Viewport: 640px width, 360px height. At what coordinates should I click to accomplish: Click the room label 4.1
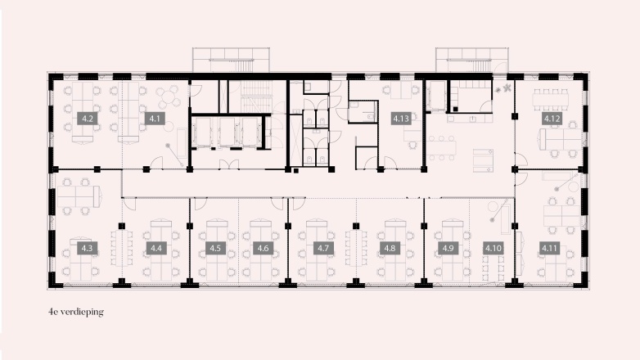click(155, 119)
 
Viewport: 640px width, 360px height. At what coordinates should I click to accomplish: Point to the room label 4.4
click(155, 247)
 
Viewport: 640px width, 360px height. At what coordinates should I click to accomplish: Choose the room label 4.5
click(215, 247)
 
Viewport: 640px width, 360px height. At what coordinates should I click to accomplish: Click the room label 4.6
click(263, 247)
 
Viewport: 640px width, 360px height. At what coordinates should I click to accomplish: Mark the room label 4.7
click(323, 247)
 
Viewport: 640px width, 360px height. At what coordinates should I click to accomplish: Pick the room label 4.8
click(390, 247)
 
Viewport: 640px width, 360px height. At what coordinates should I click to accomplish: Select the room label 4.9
click(448, 247)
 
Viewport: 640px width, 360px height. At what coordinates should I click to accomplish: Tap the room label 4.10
click(493, 247)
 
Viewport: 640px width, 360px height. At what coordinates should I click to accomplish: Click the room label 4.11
click(549, 247)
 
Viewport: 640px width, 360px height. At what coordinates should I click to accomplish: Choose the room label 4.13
click(401, 119)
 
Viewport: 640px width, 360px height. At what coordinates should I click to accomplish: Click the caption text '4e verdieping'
click(76, 312)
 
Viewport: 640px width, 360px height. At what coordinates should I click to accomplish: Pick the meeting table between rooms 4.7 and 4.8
click(357, 248)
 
